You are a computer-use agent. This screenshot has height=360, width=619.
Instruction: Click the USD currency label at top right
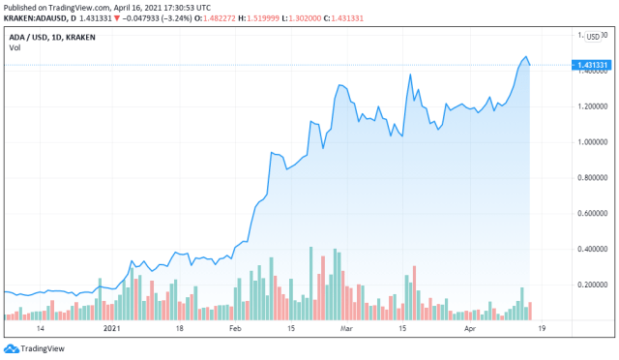[593, 36]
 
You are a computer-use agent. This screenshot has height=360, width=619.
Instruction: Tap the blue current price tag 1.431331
[593, 66]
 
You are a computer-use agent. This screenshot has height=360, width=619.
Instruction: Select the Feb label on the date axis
[235, 329]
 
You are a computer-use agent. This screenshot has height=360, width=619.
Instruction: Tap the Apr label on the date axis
[471, 329]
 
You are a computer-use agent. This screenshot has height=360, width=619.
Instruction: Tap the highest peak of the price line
[525, 57]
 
